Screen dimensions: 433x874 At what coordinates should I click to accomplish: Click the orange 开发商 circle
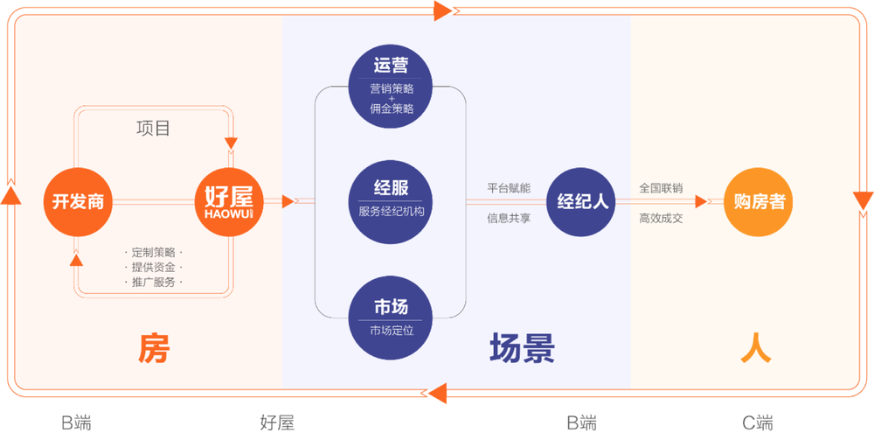pyautogui.click(x=78, y=201)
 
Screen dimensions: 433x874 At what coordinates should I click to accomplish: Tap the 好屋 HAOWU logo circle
pyautogui.click(x=229, y=201)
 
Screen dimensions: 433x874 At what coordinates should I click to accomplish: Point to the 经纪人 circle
pyautogui.click(x=581, y=201)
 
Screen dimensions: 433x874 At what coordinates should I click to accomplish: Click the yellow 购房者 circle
pyautogui.click(x=760, y=201)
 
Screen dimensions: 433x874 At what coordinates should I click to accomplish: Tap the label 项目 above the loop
pyautogui.click(x=153, y=128)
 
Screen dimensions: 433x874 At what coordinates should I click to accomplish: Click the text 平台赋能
pyautogui.click(x=509, y=187)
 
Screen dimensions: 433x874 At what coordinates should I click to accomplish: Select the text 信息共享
pyautogui.click(x=509, y=218)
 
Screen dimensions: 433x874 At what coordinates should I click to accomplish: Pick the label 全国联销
pyautogui.click(x=661, y=187)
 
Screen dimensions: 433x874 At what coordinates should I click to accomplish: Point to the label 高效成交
pyautogui.click(x=661, y=218)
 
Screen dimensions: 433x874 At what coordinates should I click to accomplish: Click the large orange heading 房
pyautogui.click(x=154, y=348)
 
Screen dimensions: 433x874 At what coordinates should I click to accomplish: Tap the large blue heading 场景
pyautogui.click(x=522, y=348)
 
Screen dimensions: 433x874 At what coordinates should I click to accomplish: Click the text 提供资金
pyautogui.click(x=153, y=267)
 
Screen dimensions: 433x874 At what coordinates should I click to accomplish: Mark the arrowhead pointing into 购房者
pyautogui.click(x=701, y=201)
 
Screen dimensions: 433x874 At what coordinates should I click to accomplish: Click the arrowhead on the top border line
pyautogui.click(x=442, y=10)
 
